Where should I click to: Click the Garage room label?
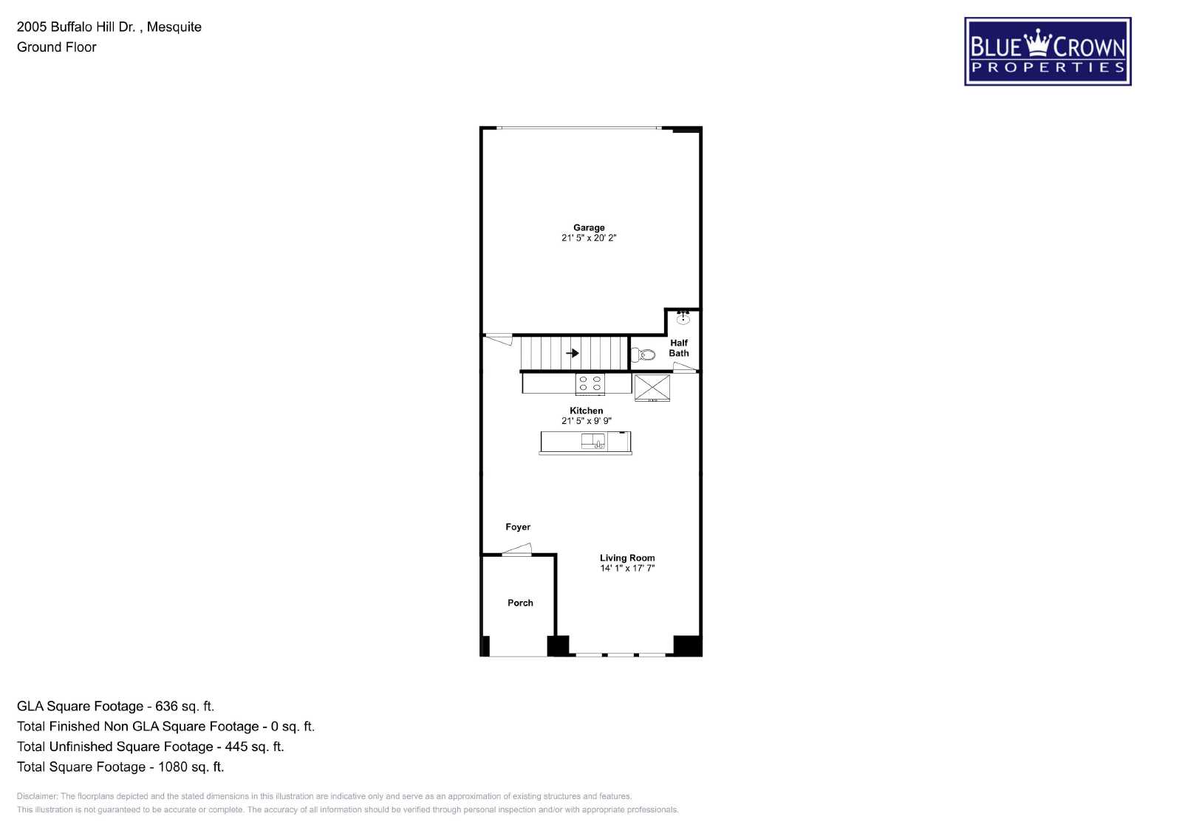click(589, 227)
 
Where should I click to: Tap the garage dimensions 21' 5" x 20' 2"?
click(589, 238)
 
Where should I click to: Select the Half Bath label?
click(679, 348)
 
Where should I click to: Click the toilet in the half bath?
click(643, 354)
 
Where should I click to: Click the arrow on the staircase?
click(573, 353)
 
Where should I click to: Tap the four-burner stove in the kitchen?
click(590, 383)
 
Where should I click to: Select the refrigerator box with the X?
click(652, 388)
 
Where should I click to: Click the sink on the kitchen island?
click(593, 441)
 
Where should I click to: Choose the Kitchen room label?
click(587, 411)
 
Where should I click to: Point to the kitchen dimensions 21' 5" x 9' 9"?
click(587, 421)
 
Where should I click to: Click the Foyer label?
click(518, 527)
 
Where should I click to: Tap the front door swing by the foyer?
click(516, 549)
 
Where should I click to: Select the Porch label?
click(520, 603)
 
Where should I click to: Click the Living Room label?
click(627, 558)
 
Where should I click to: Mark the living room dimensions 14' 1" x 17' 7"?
click(627, 568)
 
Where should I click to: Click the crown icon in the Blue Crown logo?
click(1038, 42)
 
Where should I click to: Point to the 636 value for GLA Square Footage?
click(166, 706)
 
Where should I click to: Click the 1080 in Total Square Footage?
click(173, 767)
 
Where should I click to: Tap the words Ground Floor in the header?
click(56, 47)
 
